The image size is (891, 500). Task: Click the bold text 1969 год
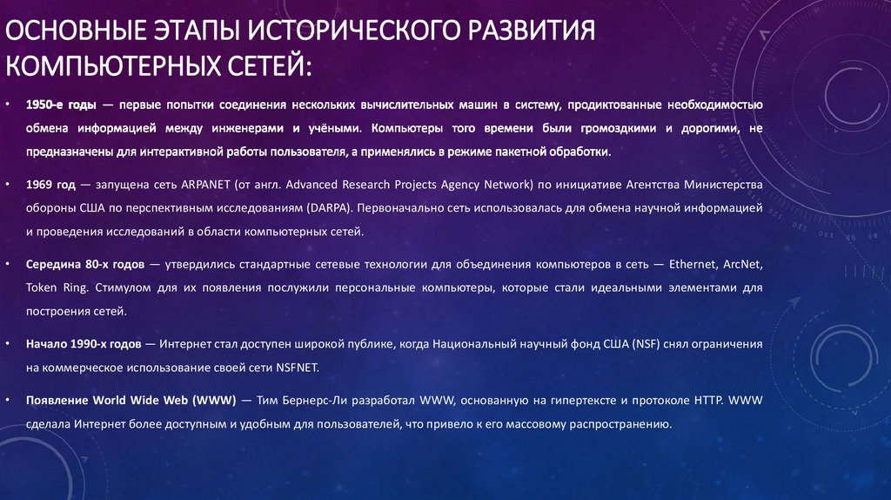[50, 186]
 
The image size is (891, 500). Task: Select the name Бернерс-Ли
[315, 402]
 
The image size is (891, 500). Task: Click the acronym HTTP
[703, 402]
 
